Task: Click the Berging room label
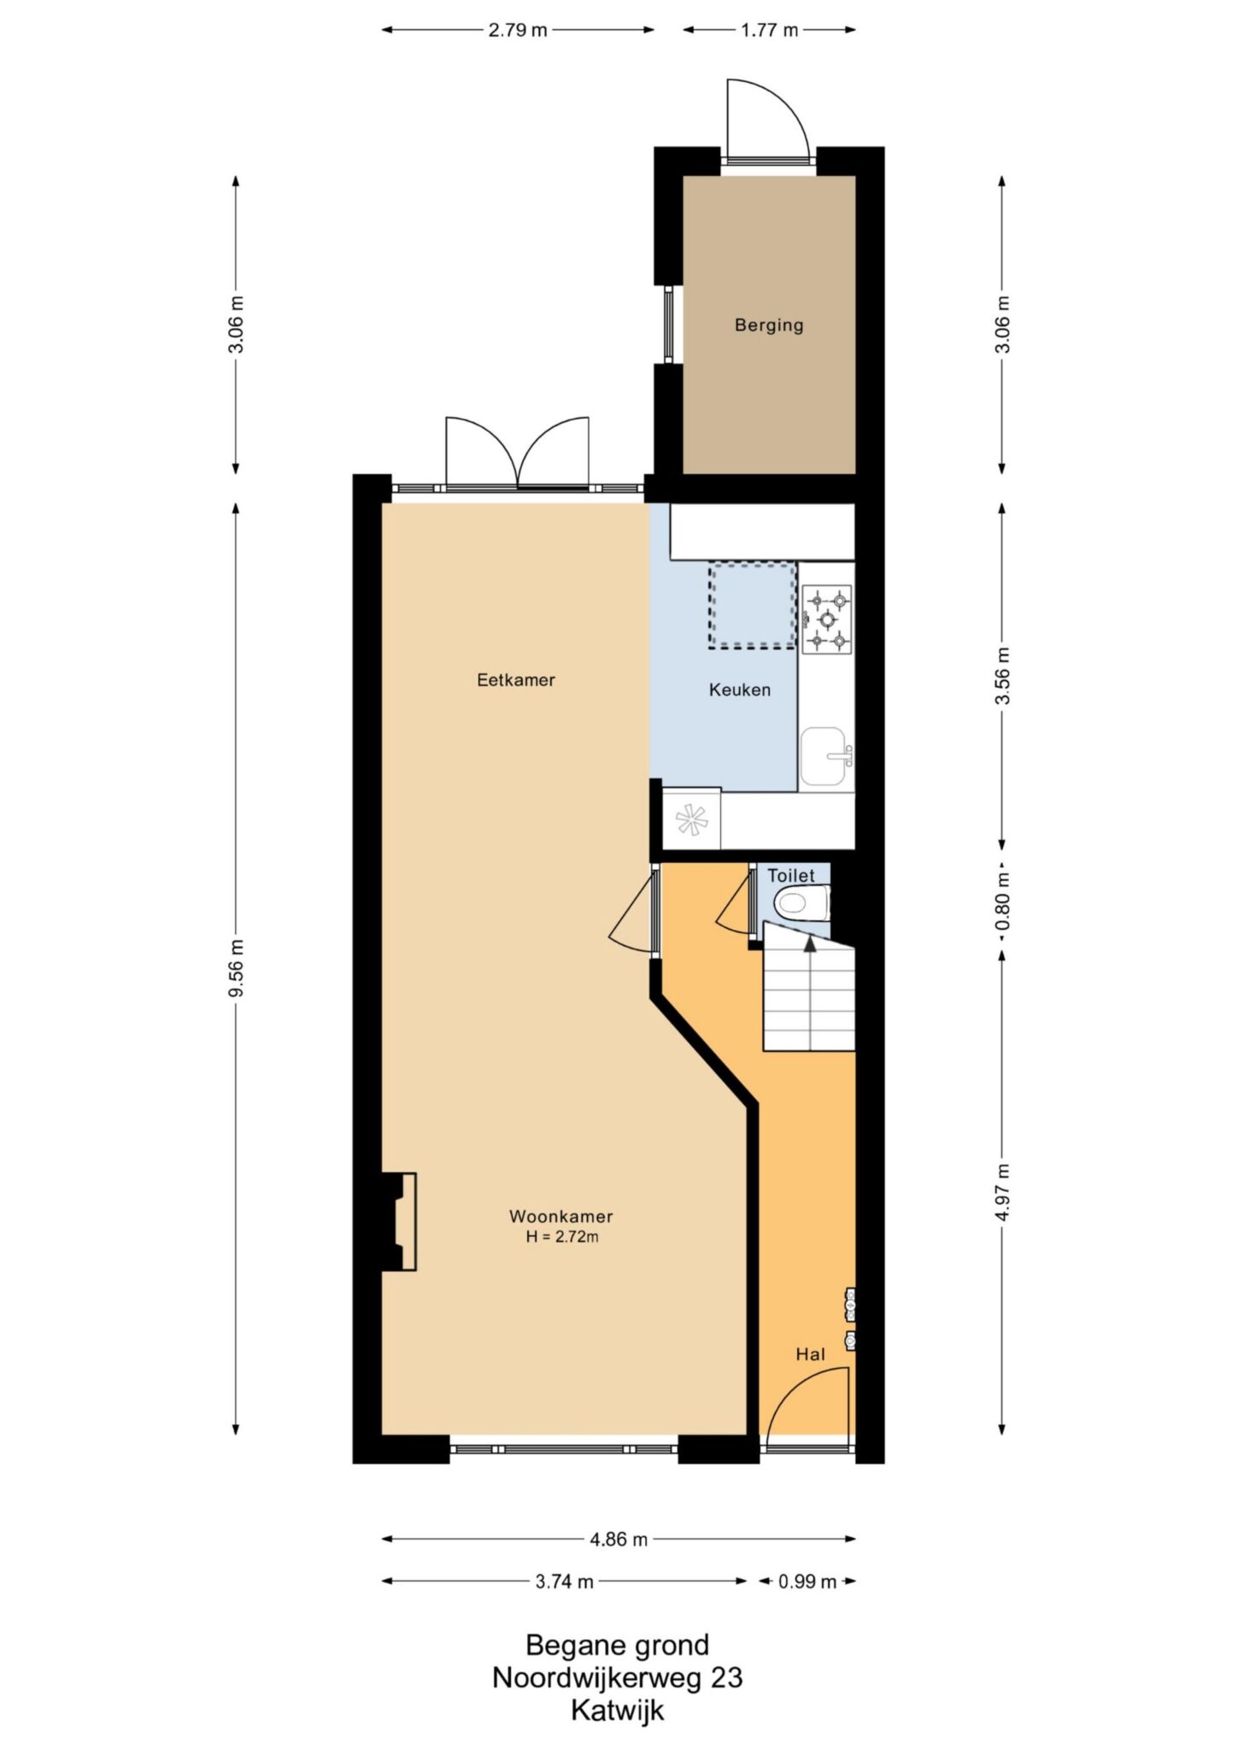pyautogui.click(x=769, y=326)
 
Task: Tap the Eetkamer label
pyautogui.click(x=516, y=680)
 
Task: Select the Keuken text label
pyautogui.click(x=740, y=690)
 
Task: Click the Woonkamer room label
pyautogui.click(x=561, y=1216)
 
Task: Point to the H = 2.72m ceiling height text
pyautogui.click(x=562, y=1236)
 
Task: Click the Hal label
pyautogui.click(x=810, y=1354)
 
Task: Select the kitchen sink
pyautogui.click(x=826, y=757)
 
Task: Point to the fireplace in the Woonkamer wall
pyautogui.click(x=399, y=1222)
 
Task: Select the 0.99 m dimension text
pyautogui.click(x=807, y=1582)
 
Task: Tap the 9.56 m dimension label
pyautogui.click(x=237, y=967)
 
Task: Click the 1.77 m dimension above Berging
pyautogui.click(x=769, y=31)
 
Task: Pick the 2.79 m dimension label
pyautogui.click(x=518, y=31)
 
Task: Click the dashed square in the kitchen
pyautogui.click(x=752, y=606)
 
